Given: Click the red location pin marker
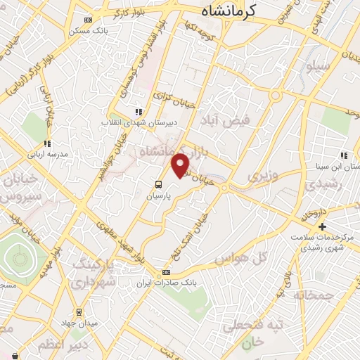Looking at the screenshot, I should (181, 165).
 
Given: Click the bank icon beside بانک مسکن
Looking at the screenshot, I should (87, 20).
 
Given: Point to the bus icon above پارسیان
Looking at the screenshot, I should (158, 184).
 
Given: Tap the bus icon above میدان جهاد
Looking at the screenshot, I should (79, 310).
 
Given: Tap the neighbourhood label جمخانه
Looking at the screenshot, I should (329, 296).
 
